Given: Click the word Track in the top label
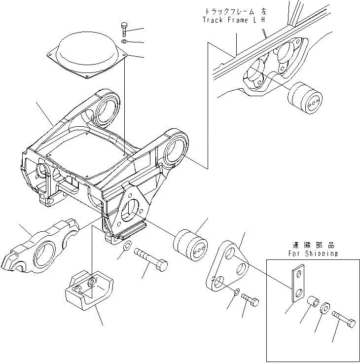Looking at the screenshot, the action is pos(213,20).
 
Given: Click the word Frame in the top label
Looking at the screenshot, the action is pos(238,20).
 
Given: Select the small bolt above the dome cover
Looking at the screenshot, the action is pos(124,29).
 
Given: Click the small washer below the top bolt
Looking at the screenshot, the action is pos(124,41).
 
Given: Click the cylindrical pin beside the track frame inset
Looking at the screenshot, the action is pos(305,98).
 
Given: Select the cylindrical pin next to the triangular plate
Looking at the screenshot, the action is pos(190,245).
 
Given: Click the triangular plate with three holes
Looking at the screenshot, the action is pos(227,266).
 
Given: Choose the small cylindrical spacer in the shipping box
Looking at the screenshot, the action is pos(313,302).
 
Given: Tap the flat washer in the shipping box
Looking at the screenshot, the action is pos(325,308).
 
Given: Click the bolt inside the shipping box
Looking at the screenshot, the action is pos(344,320).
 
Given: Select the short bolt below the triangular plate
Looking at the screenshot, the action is pos(250,299).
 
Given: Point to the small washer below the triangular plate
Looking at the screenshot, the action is pos(237,292).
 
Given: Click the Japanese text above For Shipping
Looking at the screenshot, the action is pos(313,245).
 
